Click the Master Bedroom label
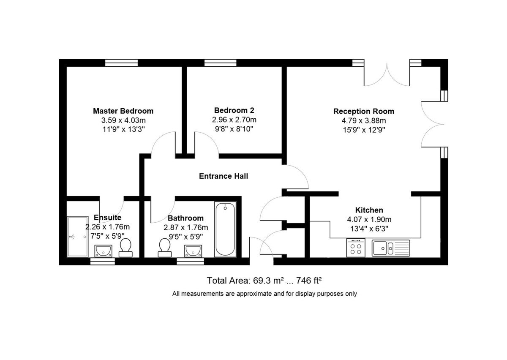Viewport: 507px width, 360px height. tap(123, 111)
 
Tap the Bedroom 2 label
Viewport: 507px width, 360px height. tap(234, 110)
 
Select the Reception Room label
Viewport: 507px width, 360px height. tap(364, 112)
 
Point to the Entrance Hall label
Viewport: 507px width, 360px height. tap(224, 176)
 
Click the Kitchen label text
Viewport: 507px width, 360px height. tap(369, 210)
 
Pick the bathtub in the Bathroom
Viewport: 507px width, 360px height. tap(225, 229)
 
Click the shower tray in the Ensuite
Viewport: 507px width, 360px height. tap(78, 237)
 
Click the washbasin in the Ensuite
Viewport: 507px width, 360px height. tap(103, 251)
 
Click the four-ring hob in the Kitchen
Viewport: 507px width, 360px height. tap(356, 248)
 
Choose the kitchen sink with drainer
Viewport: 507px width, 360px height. tap(391, 248)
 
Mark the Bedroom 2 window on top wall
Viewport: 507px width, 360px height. tap(220, 63)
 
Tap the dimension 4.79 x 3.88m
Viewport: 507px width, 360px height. tap(364, 121)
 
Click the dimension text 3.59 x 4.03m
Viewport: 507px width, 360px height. tap(123, 120)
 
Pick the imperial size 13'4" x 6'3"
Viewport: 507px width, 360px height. tap(369, 229)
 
